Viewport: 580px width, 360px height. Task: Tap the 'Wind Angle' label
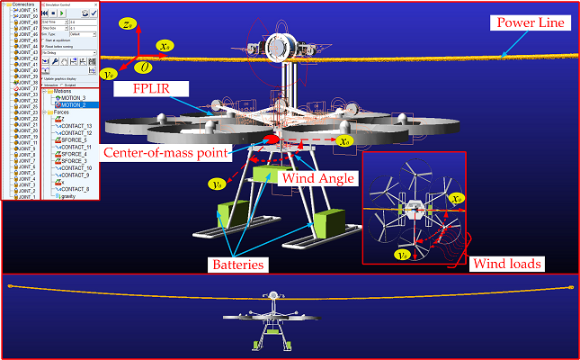[313, 178]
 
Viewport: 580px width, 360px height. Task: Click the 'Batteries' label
[238, 265]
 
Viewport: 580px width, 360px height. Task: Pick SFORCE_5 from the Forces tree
[74, 139]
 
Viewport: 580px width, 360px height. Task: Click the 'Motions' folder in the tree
[64, 91]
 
